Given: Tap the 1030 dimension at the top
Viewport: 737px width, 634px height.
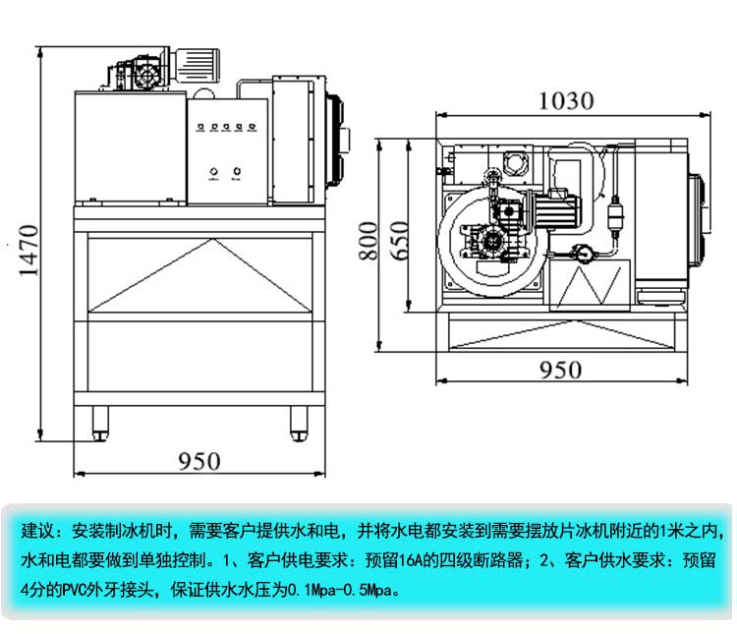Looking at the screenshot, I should (568, 100).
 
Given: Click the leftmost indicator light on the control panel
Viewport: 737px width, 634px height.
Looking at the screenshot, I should (201, 126).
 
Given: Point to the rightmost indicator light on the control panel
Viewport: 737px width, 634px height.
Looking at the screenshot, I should (251, 126).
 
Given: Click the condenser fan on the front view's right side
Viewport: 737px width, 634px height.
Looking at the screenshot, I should (335, 138).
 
